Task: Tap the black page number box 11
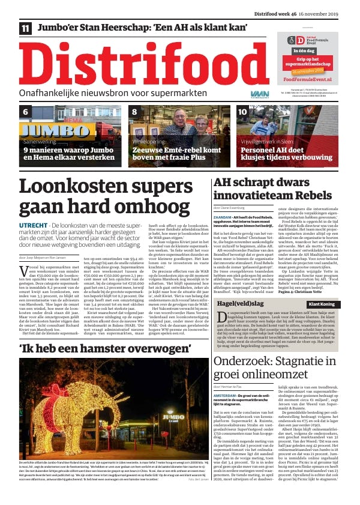(x=25, y=28)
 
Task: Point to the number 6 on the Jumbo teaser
(x=26, y=112)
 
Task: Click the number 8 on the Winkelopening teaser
(x=134, y=112)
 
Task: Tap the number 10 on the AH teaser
(x=242, y=112)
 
